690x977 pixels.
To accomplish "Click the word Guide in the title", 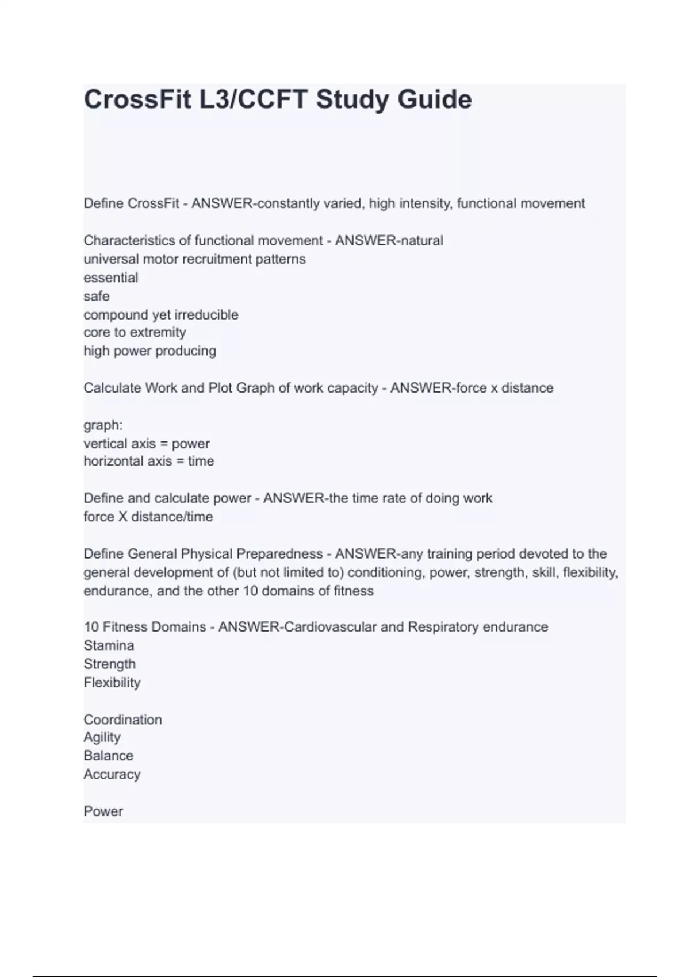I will pos(434,99).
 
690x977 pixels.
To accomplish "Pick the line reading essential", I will pos(111,278).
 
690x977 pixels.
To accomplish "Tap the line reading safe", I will pos(97,296).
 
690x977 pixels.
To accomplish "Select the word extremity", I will pos(158,332).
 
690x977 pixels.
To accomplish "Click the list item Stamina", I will pos(109,645).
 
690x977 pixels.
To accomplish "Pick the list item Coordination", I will pos(122,720).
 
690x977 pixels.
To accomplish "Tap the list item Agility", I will pos(102,737).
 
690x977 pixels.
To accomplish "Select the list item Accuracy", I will pos(112,774).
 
